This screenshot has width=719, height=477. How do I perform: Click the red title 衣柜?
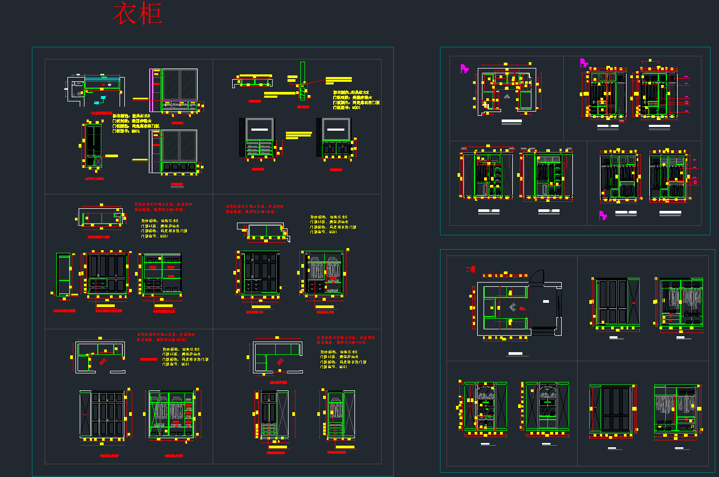click(137, 14)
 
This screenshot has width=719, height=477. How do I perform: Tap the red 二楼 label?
click(470, 269)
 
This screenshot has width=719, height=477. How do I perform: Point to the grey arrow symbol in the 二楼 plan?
click(513, 307)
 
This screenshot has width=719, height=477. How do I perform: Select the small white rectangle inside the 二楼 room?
click(546, 301)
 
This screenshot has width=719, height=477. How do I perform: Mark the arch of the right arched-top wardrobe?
click(546, 388)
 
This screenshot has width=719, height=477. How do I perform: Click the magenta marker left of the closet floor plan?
click(464, 69)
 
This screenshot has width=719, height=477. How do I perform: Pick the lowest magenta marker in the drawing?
click(603, 215)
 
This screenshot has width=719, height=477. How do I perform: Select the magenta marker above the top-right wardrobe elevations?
click(583, 63)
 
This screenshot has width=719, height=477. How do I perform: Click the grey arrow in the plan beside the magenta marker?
click(507, 97)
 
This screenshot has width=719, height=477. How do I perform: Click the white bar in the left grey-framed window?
click(259, 129)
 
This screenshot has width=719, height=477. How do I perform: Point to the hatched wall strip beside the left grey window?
click(242, 137)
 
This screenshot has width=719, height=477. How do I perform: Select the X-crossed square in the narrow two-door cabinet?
click(94, 161)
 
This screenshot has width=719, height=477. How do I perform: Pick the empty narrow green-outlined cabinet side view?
click(64, 274)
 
